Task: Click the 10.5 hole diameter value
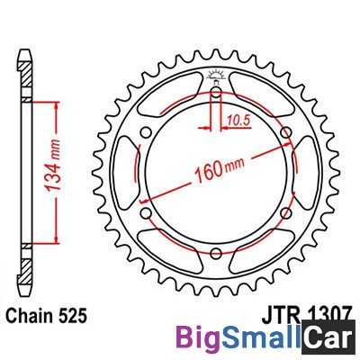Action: coord(238,121)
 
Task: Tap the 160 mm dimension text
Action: coord(220,169)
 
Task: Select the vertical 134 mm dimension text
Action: coord(54,166)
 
